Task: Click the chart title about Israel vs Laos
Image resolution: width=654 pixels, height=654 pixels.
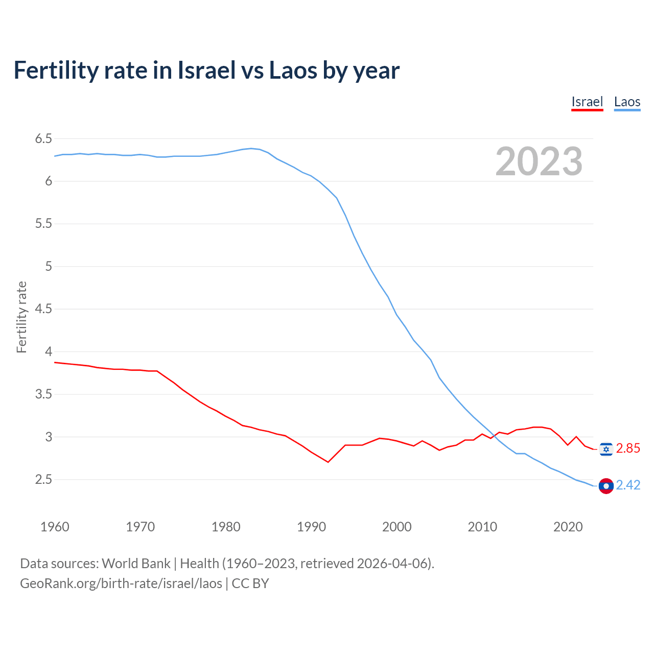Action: pyautogui.click(x=206, y=70)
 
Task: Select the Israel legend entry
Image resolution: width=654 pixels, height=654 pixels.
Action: pyautogui.click(x=587, y=102)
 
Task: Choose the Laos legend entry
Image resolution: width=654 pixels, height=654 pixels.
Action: pyautogui.click(x=627, y=102)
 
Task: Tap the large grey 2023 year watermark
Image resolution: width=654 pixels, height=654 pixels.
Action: pyautogui.click(x=539, y=161)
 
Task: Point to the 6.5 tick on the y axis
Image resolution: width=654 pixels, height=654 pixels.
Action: pyautogui.click(x=43, y=138)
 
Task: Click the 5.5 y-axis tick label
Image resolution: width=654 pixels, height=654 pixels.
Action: pyautogui.click(x=43, y=224)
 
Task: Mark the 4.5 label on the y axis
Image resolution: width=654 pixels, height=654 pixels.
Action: pyautogui.click(x=43, y=309)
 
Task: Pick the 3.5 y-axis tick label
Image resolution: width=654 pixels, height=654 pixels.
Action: pyautogui.click(x=43, y=394)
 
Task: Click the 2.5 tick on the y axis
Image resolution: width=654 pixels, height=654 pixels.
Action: pyautogui.click(x=43, y=480)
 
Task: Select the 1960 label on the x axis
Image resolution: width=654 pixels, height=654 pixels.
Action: pyautogui.click(x=55, y=527)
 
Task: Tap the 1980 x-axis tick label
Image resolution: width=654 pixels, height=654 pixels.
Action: pyautogui.click(x=226, y=527)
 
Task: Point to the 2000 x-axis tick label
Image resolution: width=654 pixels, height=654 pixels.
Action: pyautogui.click(x=396, y=527)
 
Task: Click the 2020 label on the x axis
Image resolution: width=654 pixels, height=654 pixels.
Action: pyautogui.click(x=568, y=527)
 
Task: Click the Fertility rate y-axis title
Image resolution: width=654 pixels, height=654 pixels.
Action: pyautogui.click(x=21, y=317)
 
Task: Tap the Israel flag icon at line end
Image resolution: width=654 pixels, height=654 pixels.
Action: pyautogui.click(x=606, y=449)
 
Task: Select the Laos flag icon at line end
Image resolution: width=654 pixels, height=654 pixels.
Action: pyautogui.click(x=606, y=486)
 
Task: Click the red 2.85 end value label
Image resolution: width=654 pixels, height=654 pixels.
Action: pyautogui.click(x=628, y=449)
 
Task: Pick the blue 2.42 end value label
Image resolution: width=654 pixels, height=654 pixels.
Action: pyautogui.click(x=628, y=485)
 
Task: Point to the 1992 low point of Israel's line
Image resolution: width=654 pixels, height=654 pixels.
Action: pyautogui.click(x=328, y=462)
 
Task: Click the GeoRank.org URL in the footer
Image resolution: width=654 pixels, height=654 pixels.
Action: pyautogui.click(x=121, y=583)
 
